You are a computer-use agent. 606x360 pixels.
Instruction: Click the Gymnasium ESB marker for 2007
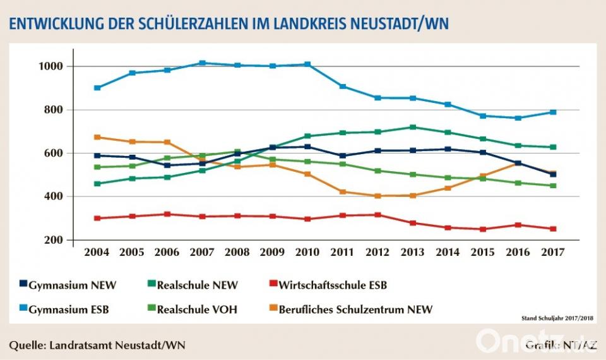tap(203, 63)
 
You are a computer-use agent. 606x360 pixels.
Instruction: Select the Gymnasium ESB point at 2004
tap(97, 88)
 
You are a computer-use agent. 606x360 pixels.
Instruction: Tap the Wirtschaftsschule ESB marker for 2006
tap(167, 214)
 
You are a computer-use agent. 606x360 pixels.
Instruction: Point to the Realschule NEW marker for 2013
tap(413, 127)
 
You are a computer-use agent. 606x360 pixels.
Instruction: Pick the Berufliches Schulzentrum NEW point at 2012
tap(378, 196)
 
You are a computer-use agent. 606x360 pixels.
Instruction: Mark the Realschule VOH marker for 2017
tap(553, 186)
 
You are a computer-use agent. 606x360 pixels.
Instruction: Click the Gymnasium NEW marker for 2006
tap(167, 165)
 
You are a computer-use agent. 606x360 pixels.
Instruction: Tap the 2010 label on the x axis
tap(308, 252)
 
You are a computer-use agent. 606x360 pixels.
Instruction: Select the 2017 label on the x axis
tap(553, 252)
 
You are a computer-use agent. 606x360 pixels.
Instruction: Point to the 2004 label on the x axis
tap(97, 252)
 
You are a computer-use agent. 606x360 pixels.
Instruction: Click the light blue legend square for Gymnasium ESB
tap(23, 309)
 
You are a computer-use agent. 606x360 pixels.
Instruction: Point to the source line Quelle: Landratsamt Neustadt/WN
tap(98, 345)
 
